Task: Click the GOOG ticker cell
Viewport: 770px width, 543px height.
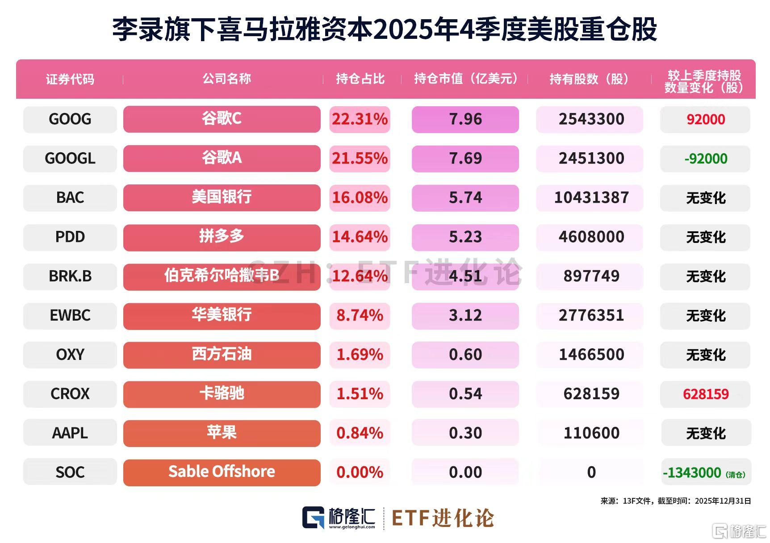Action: (x=70, y=119)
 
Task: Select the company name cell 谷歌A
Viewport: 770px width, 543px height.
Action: (x=222, y=158)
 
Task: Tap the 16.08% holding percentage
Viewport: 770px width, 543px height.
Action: (x=360, y=197)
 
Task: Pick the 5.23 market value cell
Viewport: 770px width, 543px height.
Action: (x=465, y=237)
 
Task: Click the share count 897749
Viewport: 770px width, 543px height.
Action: (x=591, y=276)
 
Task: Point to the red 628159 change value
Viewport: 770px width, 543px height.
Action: (x=705, y=394)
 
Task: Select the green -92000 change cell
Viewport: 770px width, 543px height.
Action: (x=705, y=159)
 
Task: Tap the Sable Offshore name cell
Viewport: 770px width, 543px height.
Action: (x=222, y=472)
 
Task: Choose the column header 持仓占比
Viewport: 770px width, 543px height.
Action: (x=360, y=79)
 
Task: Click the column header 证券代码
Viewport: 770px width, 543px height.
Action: (x=70, y=79)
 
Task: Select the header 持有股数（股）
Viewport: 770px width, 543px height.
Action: (x=590, y=79)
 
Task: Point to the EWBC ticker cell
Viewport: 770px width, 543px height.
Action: (x=70, y=315)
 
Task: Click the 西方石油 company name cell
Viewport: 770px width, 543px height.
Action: (x=222, y=355)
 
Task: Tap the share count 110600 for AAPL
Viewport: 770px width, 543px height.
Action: (x=591, y=433)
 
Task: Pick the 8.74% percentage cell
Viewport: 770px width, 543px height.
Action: (x=360, y=315)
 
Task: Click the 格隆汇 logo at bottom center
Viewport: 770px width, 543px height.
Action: (x=339, y=518)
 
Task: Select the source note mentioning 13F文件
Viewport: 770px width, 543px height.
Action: (x=675, y=501)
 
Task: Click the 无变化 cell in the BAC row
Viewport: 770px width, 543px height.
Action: (x=705, y=198)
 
